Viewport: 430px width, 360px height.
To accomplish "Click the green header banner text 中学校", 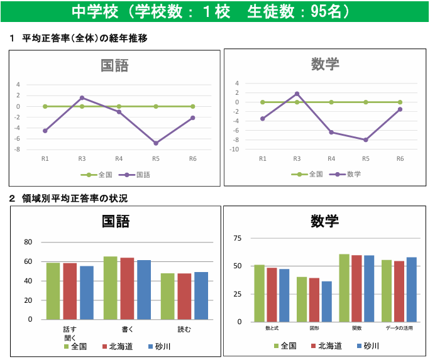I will coord(88,13).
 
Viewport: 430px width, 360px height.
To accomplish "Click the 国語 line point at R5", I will coord(156,143).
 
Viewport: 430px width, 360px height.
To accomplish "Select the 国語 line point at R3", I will coord(82,97).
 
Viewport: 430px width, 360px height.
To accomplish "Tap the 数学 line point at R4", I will coord(331,133).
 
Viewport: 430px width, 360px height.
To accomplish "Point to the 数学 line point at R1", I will coord(263,119).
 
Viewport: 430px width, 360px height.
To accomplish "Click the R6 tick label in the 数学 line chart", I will coord(400,159).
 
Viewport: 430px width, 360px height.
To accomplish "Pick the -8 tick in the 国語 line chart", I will coord(18,150).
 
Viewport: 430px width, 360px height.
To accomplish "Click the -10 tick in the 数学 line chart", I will coord(234,150).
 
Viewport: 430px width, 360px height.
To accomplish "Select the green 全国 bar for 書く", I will coord(111,288).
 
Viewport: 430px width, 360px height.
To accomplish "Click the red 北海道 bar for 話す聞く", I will coord(70,291).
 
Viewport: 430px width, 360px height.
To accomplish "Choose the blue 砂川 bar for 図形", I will coord(327,301).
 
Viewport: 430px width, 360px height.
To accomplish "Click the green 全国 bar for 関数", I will coord(344,288).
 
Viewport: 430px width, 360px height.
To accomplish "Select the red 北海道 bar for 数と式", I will coord(272,295).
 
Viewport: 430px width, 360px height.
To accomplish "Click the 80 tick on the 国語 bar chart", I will coord(27,242).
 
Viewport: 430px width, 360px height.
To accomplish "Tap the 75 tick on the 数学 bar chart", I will coord(237,238).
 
